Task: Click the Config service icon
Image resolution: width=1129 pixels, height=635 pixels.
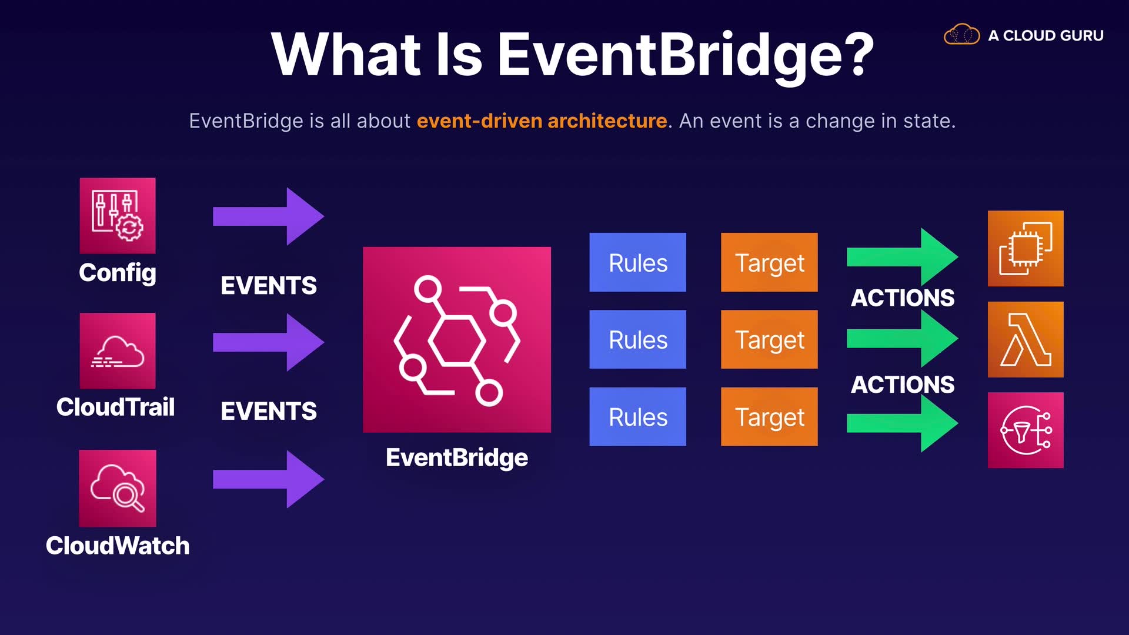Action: pos(118,216)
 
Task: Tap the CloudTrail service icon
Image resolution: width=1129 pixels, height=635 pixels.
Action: pos(118,350)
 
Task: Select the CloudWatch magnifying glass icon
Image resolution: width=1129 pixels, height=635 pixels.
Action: pos(118,488)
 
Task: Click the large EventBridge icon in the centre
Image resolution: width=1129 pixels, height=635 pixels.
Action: pos(457,340)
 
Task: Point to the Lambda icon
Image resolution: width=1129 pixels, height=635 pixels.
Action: pos(1026,339)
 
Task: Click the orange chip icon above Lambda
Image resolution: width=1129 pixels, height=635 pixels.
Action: pos(1026,249)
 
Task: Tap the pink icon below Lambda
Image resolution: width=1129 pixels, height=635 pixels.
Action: pos(1026,430)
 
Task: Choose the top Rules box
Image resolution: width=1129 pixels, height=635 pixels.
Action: pos(637,262)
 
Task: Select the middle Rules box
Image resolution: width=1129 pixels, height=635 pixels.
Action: pos(637,339)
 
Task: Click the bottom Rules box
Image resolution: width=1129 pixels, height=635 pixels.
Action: pos(637,417)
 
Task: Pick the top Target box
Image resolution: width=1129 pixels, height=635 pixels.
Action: pos(769,262)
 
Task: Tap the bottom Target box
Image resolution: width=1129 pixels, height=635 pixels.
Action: pos(769,417)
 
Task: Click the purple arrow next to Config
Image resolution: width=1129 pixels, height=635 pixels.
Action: pos(268,216)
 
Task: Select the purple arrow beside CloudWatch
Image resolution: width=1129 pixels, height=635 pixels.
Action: pos(268,479)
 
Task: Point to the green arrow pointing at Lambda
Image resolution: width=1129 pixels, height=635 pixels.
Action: pos(902,339)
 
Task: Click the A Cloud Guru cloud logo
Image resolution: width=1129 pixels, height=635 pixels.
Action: pos(961,35)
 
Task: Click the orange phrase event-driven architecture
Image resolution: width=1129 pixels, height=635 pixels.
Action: pos(542,121)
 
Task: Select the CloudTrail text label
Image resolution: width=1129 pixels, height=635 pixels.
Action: pos(115,407)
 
